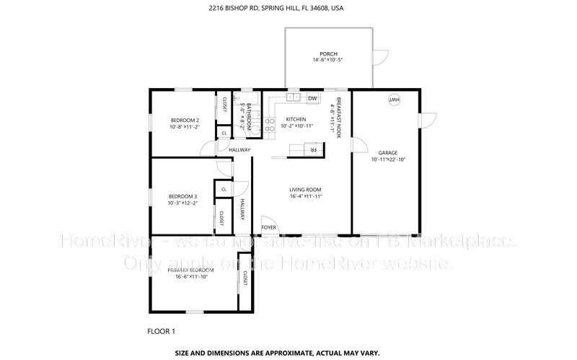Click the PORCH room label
(x=329, y=54)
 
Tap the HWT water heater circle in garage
(x=395, y=100)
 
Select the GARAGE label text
(x=388, y=153)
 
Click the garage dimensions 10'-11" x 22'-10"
(x=388, y=159)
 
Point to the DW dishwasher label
(x=312, y=99)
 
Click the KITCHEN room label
(x=296, y=120)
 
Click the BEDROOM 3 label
(x=182, y=196)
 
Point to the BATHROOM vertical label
(x=248, y=116)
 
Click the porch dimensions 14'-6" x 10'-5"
(x=329, y=61)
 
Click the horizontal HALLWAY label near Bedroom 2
(x=239, y=150)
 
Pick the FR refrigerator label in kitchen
(x=313, y=149)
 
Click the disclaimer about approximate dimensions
(x=288, y=354)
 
